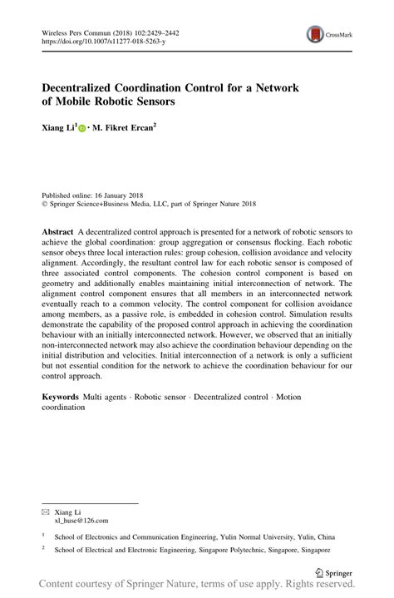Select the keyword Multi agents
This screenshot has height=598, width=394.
(107, 398)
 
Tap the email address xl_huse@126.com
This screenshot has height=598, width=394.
(81, 497)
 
